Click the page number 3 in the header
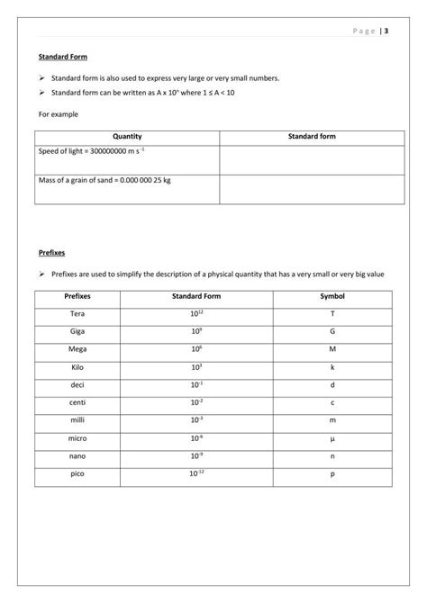(x=386, y=31)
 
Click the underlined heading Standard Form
(x=62, y=57)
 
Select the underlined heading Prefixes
(x=51, y=253)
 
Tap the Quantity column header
(x=126, y=136)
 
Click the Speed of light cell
(x=92, y=151)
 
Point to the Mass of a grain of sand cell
(x=104, y=180)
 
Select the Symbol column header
(x=332, y=296)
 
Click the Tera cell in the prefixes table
(x=77, y=313)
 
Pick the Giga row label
(x=77, y=331)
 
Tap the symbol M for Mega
(x=332, y=349)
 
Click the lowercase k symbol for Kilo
(x=332, y=367)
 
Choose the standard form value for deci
(x=196, y=384)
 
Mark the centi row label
(x=77, y=402)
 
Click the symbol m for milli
(x=332, y=420)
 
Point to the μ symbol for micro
(x=332, y=438)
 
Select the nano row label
(x=77, y=455)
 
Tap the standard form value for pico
(x=196, y=473)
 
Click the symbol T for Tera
(x=332, y=313)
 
